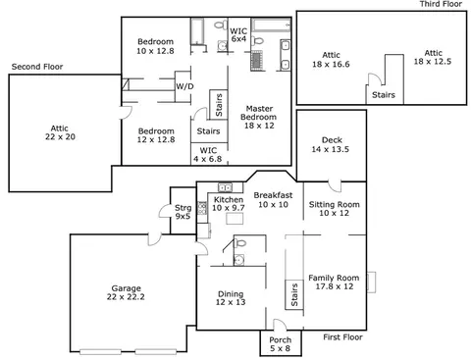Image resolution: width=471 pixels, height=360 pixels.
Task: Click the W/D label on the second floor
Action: click(x=184, y=86)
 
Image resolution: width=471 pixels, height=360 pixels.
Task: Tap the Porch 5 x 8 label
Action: click(x=281, y=344)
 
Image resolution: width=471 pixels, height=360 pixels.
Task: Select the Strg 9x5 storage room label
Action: click(x=183, y=212)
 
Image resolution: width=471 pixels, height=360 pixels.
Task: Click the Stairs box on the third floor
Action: click(x=385, y=94)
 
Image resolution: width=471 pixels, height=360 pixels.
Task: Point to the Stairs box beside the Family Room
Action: click(x=294, y=294)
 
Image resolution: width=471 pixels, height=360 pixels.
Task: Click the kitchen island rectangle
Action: click(x=235, y=218)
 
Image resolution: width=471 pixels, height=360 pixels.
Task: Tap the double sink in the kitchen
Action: click(x=225, y=187)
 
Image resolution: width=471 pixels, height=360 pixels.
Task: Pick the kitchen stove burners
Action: click(x=202, y=208)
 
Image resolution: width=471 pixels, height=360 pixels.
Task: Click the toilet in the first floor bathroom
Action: click(x=240, y=243)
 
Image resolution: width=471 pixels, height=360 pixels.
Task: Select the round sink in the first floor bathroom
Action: click(x=238, y=260)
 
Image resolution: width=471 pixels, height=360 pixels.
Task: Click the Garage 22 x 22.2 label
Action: click(x=126, y=292)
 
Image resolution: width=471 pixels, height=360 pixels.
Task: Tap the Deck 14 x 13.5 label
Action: click(x=331, y=144)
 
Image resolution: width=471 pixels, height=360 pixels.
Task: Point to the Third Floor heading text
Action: click(x=441, y=4)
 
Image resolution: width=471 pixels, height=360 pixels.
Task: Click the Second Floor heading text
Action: click(x=37, y=67)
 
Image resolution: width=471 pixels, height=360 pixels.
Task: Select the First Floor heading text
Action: click(x=342, y=337)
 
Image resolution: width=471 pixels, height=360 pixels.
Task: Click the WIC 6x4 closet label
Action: click(x=238, y=35)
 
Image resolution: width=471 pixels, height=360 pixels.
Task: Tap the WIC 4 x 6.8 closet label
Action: click(x=208, y=155)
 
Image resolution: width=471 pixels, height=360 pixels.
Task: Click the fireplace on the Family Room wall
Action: click(x=371, y=283)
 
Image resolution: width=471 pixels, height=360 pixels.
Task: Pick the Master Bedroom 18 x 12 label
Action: click(x=259, y=117)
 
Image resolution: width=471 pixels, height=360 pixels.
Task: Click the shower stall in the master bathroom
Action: click(x=257, y=61)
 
